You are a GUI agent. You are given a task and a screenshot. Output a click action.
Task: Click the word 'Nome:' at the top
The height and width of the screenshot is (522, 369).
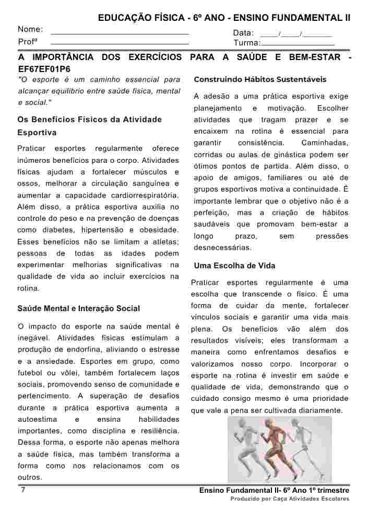[x=30, y=30]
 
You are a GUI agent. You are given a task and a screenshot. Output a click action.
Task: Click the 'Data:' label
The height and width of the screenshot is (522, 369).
[x=243, y=33]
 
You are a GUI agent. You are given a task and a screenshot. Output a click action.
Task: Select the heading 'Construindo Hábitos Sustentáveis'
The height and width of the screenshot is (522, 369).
[x=260, y=80]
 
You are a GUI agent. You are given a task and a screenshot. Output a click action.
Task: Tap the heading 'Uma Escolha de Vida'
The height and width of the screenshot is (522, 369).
[x=234, y=266]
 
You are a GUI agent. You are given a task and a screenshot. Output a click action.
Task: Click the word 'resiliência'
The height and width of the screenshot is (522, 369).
[x=160, y=431]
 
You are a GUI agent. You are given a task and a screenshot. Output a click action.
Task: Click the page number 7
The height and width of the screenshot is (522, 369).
[x=22, y=491]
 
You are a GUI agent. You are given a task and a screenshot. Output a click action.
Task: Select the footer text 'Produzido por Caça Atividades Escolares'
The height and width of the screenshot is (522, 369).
[x=290, y=499]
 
